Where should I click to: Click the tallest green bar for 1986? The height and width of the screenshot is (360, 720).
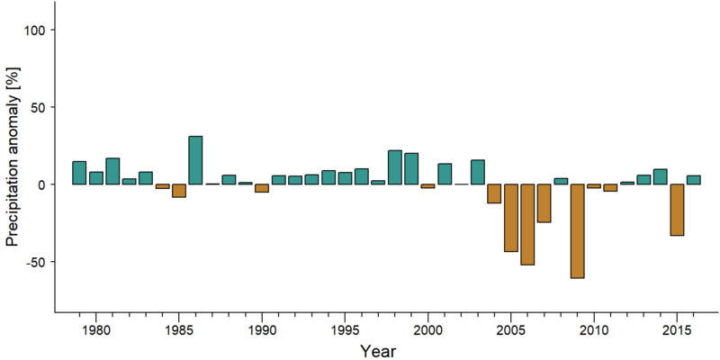point(195,160)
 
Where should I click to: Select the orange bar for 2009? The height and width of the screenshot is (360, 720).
point(577,231)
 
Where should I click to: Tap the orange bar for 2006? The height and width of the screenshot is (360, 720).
point(527,224)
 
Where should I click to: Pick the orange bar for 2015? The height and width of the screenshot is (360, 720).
point(677,210)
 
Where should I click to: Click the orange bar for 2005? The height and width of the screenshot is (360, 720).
point(510,218)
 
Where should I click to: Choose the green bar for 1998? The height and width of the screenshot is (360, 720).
point(394,167)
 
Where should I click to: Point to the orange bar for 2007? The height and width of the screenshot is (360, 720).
point(544,203)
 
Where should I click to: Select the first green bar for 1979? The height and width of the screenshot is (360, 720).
point(79,173)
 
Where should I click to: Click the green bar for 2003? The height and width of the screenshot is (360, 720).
point(478,172)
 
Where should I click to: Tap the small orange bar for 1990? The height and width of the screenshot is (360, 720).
point(262,188)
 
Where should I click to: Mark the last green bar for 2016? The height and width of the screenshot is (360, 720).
point(693,180)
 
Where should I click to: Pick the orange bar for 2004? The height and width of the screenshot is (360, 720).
point(494,193)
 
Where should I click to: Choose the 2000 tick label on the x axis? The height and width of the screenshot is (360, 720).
point(427,330)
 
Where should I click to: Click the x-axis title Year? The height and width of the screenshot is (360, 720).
point(377,351)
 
